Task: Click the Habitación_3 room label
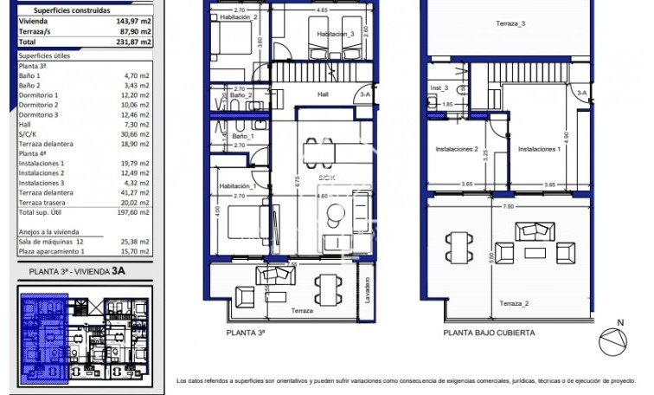tap(335, 34)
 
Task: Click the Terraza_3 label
tap(510, 24)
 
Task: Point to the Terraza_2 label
tap(514, 303)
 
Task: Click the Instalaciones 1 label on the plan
tap(540, 149)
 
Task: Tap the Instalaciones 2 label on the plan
tap(458, 149)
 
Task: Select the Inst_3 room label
tap(439, 87)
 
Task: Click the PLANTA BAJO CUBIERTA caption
tap(489, 332)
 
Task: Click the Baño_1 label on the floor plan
tap(242, 136)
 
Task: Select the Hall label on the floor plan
tap(323, 94)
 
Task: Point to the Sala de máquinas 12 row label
tap(50, 242)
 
